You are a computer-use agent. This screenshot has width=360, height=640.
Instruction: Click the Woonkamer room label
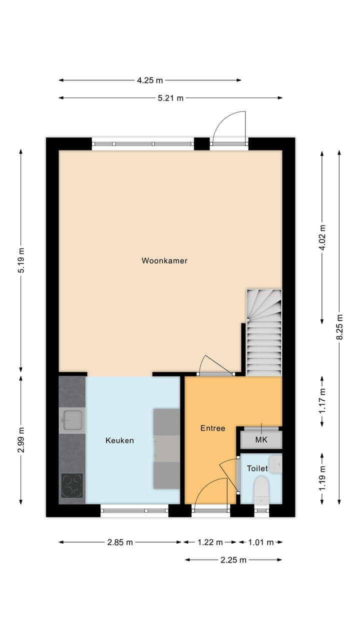164,260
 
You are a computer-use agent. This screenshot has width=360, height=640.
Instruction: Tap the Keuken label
119,440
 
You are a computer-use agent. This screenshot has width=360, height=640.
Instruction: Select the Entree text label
212,428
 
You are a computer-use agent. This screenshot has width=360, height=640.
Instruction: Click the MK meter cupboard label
261,440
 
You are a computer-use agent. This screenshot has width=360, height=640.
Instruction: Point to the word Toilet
257,468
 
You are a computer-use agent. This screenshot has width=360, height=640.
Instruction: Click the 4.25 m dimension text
150,80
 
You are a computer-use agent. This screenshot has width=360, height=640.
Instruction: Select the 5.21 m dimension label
170,98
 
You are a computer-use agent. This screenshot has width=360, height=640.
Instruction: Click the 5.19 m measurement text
21,260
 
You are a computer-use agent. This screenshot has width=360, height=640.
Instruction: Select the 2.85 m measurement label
120,542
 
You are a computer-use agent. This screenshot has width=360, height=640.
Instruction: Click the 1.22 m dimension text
210,542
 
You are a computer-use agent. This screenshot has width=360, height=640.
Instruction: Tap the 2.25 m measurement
233,560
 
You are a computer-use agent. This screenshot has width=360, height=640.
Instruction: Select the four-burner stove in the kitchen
72,485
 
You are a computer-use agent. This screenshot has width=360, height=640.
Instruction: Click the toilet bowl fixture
261,490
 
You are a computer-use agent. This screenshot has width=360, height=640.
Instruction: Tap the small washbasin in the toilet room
276,463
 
